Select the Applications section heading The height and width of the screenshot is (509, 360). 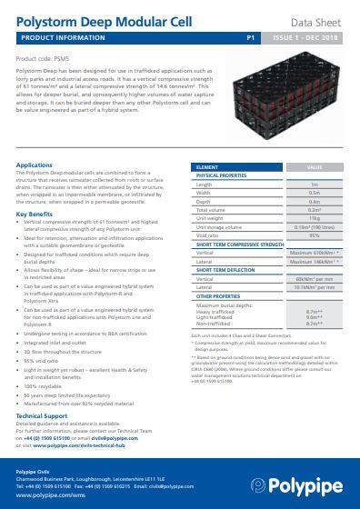click(35, 165)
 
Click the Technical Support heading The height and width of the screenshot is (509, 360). click(42, 414)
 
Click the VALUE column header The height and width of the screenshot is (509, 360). click(315, 167)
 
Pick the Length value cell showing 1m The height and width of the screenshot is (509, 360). click(315, 184)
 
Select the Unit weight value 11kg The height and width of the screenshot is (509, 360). click(315, 217)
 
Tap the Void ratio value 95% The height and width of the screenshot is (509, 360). click(315, 235)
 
